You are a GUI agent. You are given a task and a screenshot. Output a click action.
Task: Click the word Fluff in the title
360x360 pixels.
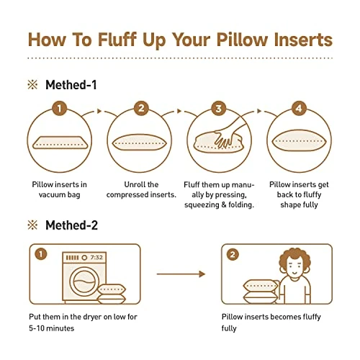tap(117, 39)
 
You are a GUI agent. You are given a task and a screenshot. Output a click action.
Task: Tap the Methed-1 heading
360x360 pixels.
tap(71, 85)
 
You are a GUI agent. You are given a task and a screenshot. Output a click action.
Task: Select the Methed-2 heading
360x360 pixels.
tap(71, 225)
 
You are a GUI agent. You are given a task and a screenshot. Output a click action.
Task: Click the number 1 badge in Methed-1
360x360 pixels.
tap(59, 108)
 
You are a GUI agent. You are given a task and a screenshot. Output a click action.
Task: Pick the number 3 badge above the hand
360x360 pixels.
tap(218, 108)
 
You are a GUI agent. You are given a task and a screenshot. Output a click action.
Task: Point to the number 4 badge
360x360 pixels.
tap(299, 108)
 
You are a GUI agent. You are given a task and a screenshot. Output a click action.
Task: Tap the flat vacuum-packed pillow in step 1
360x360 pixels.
tap(60, 143)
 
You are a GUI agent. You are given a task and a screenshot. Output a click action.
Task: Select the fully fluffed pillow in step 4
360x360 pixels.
tap(299, 141)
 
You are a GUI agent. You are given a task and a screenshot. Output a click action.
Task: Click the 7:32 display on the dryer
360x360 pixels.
tap(96, 258)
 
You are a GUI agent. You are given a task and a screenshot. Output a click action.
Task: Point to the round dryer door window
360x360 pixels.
tap(84, 282)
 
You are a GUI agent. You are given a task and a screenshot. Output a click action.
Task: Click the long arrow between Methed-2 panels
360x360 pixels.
tap(181, 274)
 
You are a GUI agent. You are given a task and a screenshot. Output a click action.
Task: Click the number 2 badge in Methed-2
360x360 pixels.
tap(233, 254)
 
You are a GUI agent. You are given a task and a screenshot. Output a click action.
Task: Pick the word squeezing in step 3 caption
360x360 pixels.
tap(202, 205)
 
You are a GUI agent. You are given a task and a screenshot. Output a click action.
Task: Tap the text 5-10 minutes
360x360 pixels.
tap(52, 328)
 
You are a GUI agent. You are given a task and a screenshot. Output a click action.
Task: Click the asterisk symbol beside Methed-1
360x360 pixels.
tap(32, 85)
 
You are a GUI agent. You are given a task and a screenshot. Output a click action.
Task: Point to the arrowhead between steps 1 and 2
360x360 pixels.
tap(99, 111)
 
